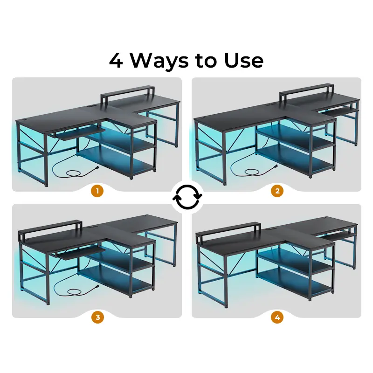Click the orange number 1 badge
click(97, 191)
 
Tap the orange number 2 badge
click(277, 191)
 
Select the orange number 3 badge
click(97, 317)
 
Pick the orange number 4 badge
click(277, 317)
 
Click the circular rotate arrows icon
click(187, 197)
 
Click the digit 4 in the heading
click(116, 61)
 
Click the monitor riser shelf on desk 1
click(127, 96)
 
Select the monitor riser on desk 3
click(50, 229)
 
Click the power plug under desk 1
click(96, 168)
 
